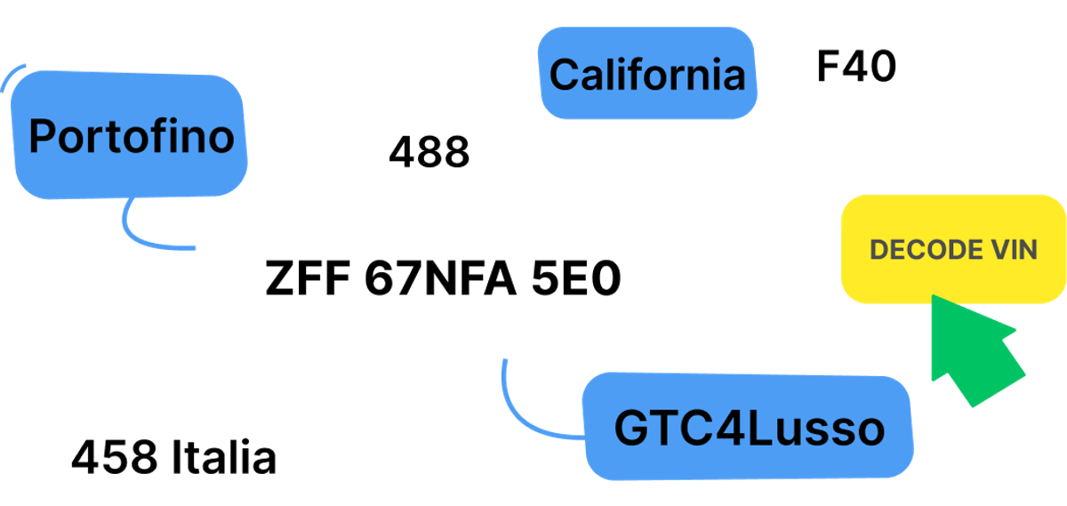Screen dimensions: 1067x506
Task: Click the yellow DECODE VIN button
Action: [953, 249]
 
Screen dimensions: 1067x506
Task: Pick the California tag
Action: [647, 75]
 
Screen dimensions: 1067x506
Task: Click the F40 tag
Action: [855, 68]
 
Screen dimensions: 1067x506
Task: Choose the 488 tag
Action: [429, 152]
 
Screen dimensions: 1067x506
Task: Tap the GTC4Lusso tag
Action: [749, 430]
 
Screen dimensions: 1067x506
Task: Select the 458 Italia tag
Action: [174, 457]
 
